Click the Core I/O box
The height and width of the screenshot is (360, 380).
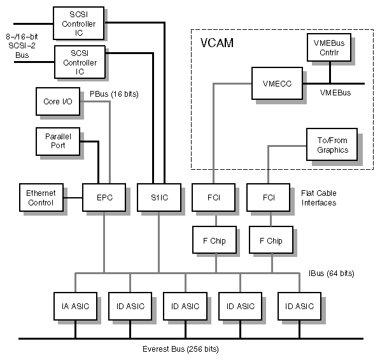pyautogui.click(x=57, y=101)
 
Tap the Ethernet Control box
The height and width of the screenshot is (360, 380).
pyautogui.click(x=41, y=197)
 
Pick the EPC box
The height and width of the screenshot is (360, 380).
pyautogui.click(x=104, y=198)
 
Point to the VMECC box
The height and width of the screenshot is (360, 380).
pyautogui.click(x=276, y=83)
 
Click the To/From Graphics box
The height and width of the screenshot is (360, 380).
pyautogui.click(x=332, y=146)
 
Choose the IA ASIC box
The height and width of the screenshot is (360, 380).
pyautogui.click(x=75, y=306)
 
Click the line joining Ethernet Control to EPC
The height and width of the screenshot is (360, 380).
pyautogui.click(x=77, y=198)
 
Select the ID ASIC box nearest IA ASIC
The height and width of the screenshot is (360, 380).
pyautogui.click(x=130, y=306)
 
